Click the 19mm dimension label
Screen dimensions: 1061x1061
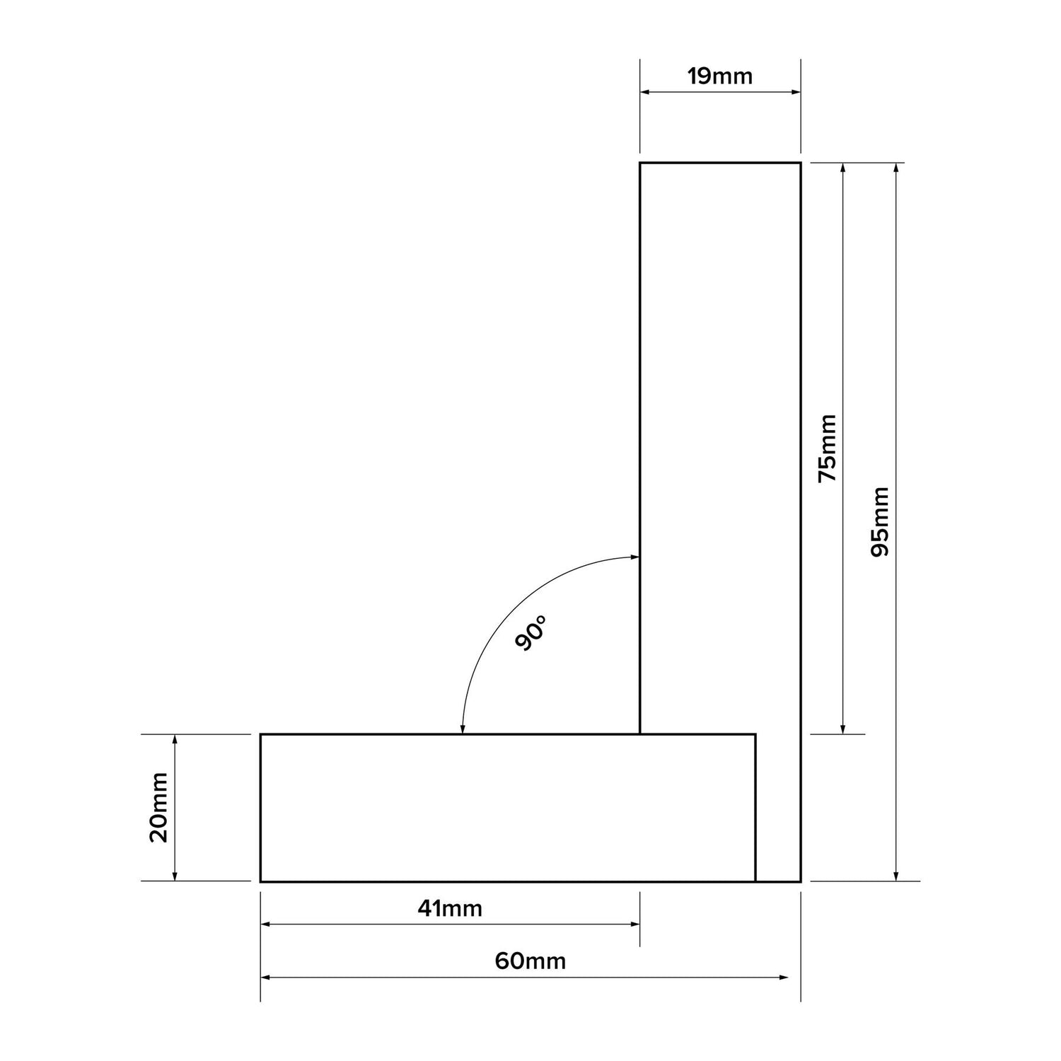pos(720,76)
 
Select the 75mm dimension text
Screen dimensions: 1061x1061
pos(827,448)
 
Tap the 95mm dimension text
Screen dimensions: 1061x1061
pos(881,521)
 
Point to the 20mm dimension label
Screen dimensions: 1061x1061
pos(158,807)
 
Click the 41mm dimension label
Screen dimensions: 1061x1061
pos(450,908)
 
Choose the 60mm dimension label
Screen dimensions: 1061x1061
pos(530,961)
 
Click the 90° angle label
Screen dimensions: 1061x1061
pos(531,633)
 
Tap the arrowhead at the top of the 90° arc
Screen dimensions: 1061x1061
pos(634,557)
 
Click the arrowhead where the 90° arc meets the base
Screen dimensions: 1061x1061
pos(463,729)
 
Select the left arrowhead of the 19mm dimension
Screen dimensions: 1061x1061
pos(645,92)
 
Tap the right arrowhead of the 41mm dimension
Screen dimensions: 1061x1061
pos(635,924)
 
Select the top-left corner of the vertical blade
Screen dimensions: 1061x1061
pos(640,163)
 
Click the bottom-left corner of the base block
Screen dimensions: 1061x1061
pos(261,881)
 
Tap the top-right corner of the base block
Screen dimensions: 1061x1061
pos(755,735)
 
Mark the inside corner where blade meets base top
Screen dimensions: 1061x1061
pos(640,735)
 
